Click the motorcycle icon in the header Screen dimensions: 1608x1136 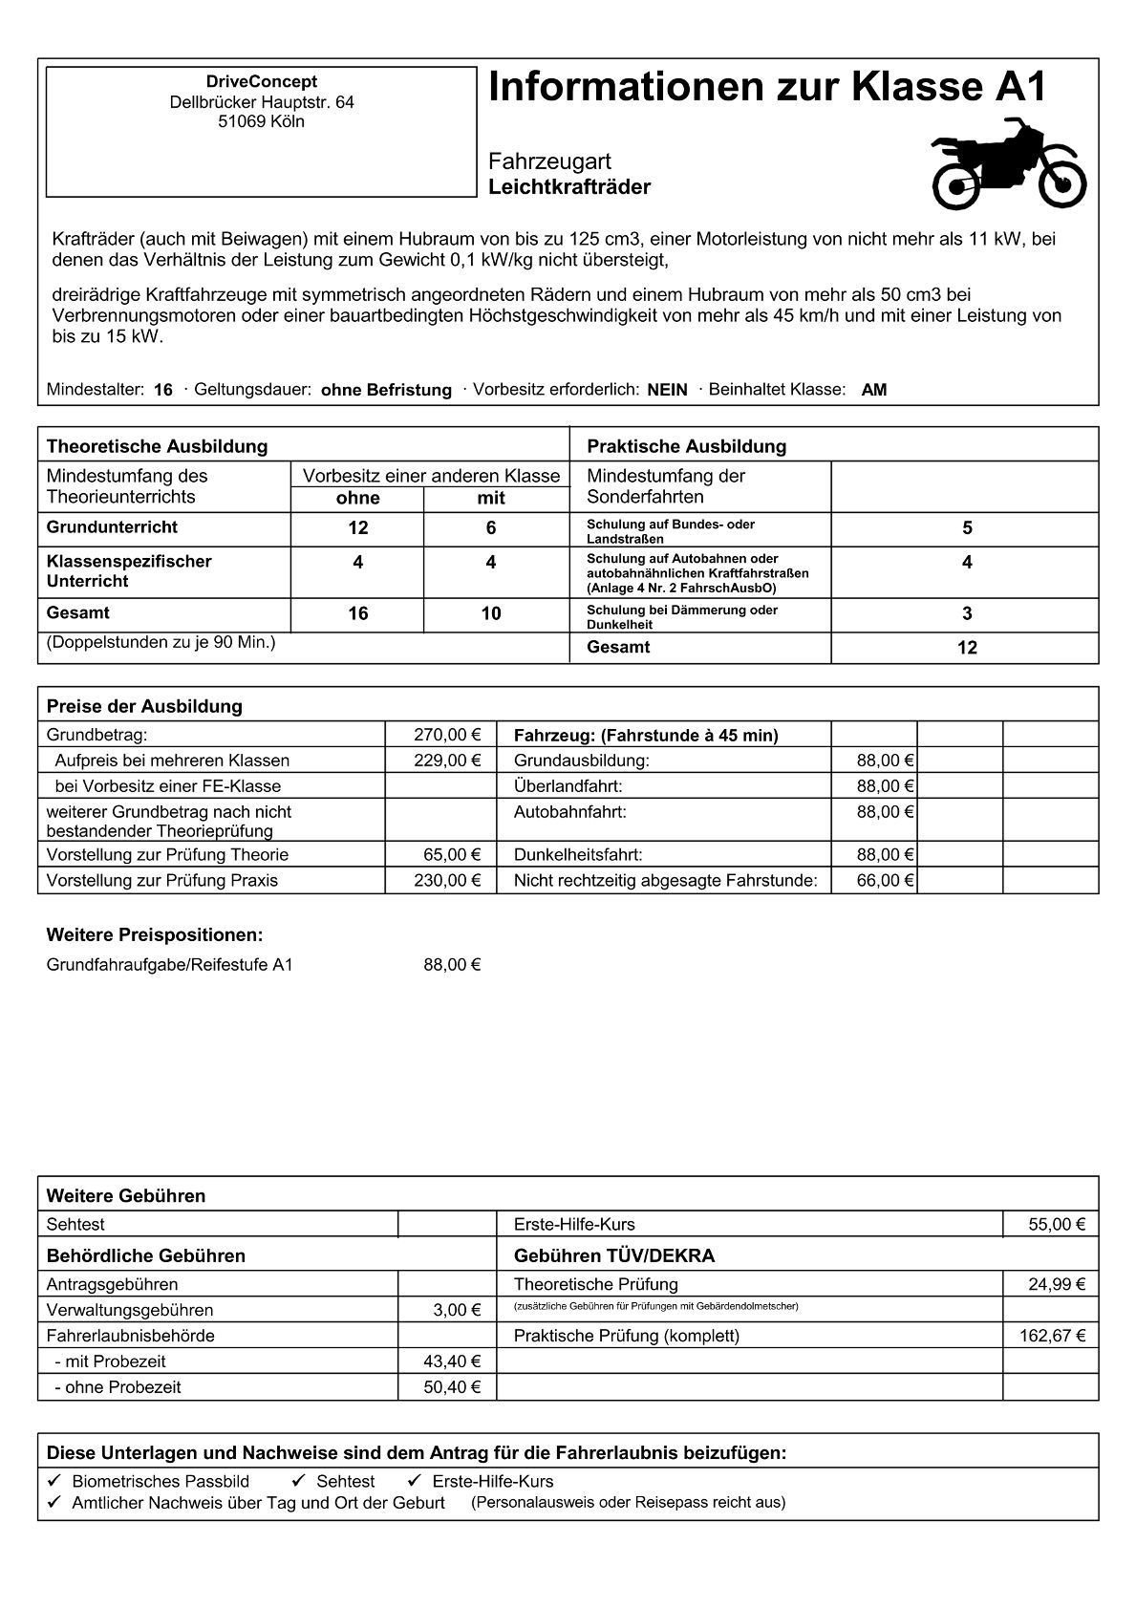click(1008, 163)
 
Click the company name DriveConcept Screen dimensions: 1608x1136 click(261, 82)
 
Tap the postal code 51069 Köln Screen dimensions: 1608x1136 click(261, 121)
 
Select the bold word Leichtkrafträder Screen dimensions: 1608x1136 click(569, 187)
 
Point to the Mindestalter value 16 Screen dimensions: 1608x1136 click(163, 390)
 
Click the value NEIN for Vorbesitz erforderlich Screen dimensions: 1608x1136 click(667, 390)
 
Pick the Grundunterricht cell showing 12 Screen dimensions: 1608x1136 click(358, 528)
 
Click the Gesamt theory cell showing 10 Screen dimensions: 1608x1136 click(491, 613)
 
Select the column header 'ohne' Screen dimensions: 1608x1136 click(358, 498)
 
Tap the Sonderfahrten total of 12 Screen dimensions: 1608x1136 click(967, 648)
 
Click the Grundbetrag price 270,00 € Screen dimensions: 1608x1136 click(447, 735)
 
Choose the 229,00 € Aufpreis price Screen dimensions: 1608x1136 click(447, 761)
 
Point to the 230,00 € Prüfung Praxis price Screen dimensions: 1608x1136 click(447, 880)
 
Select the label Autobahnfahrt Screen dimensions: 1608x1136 click(569, 811)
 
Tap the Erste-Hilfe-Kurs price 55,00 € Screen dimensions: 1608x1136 click(1057, 1224)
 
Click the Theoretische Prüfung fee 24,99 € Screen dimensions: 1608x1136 click(1057, 1284)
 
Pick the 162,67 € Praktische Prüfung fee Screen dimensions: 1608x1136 click(1052, 1336)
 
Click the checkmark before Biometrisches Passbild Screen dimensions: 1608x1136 click(54, 1481)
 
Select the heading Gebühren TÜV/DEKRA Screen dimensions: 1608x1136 click(613, 1255)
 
